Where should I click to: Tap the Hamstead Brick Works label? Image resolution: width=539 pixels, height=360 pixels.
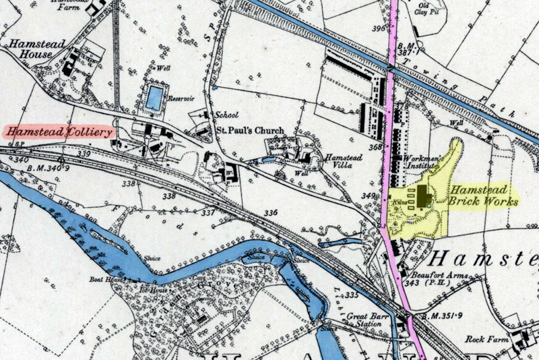(484, 196)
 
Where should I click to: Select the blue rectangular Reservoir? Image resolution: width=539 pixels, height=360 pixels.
(154, 98)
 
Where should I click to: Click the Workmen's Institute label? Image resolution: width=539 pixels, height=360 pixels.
(422, 162)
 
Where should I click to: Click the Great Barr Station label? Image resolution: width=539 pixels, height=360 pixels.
(371, 318)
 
